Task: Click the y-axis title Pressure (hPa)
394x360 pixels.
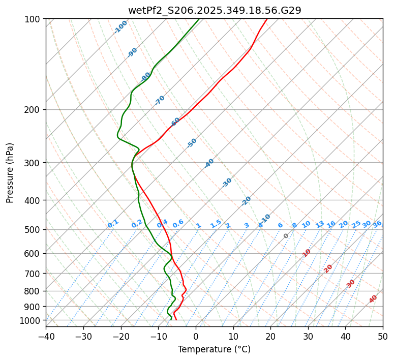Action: (x=10, y=173)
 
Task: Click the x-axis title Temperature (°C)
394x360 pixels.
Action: (x=214, y=349)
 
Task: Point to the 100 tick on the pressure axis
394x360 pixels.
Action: (x=34, y=19)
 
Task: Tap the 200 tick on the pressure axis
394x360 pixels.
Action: (x=34, y=110)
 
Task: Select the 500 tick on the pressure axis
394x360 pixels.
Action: (x=34, y=230)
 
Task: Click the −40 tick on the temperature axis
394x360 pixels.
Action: (x=46, y=336)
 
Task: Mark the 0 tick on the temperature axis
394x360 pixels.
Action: (x=196, y=336)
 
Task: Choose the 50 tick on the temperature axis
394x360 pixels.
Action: (x=383, y=336)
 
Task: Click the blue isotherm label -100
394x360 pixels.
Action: (x=120, y=27)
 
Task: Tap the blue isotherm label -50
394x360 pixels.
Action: (x=192, y=143)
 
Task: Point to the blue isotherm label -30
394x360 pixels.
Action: (x=227, y=183)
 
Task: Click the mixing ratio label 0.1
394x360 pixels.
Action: (x=113, y=224)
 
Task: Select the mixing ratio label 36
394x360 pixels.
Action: (x=377, y=224)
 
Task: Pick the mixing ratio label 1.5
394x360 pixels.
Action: (x=216, y=224)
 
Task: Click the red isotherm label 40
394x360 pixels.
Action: (x=373, y=299)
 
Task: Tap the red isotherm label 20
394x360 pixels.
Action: (x=328, y=268)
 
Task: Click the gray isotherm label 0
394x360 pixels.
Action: (x=286, y=236)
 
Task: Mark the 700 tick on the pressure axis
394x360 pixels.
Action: (x=34, y=274)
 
